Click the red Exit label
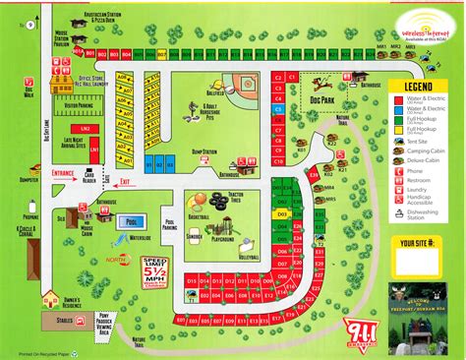click(x=124, y=181)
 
